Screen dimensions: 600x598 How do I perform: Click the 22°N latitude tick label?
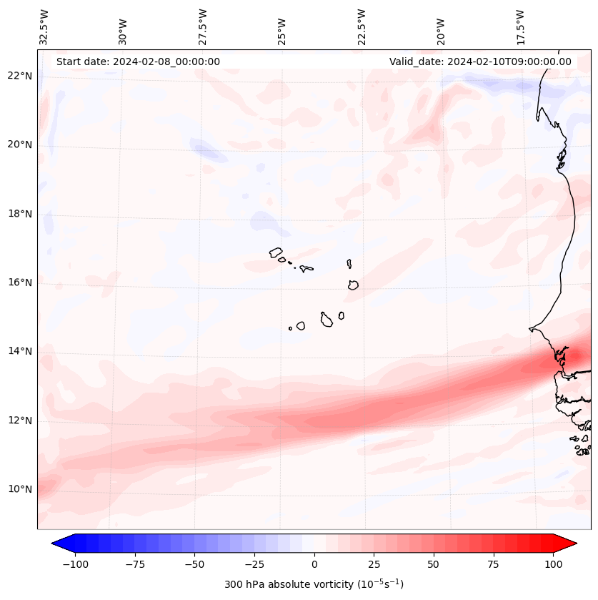(21, 76)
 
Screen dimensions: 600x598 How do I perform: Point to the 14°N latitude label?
(21, 351)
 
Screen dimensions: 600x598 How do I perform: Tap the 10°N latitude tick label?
(21, 489)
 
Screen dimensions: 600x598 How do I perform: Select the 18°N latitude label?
(21, 214)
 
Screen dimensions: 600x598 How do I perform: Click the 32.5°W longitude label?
(44, 26)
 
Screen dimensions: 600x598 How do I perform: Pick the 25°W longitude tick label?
(282, 30)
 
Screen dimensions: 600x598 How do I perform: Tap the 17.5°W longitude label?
(520, 26)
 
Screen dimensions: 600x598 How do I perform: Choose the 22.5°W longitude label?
(362, 26)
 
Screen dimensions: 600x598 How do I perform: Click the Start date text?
(138, 62)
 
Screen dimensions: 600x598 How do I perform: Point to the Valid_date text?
(480, 62)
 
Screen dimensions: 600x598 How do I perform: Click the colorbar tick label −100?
(75, 564)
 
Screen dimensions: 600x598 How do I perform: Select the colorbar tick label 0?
(314, 564)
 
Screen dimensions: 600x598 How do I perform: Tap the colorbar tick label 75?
(494, 564)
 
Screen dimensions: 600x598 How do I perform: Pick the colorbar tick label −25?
(254, 564)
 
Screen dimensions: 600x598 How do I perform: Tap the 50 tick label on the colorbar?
(434, 564)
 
